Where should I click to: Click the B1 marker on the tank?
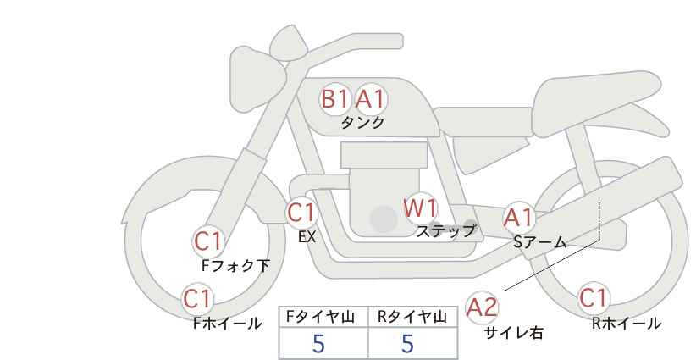(334, 99)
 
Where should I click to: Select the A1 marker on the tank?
(371, 99)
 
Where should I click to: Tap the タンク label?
(362, 122)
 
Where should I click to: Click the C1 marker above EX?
(301, 213)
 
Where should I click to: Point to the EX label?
(307, 237)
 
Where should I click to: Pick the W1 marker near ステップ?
(420, 208)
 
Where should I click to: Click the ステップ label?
(445, 231)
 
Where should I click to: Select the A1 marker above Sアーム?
(519, 218)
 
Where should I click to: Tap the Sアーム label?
(540, 242)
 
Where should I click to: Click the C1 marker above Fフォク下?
(207, 242)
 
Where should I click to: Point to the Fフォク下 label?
(235, 265)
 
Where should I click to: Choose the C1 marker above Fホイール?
(198, 298)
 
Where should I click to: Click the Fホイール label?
(227, 324)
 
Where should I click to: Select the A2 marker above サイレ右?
(482, 307)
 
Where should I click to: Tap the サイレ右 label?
(514, 333)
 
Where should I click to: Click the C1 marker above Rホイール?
(594, 298)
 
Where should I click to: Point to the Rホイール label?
(627, 324)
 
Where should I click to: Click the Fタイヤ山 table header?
(320, 317)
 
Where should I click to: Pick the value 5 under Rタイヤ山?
(408, 344)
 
